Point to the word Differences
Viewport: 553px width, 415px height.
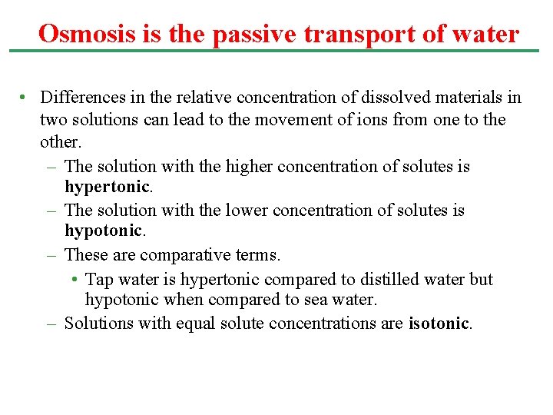(x=79, y=98)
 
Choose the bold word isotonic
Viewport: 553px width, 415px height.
(x=439, y=324)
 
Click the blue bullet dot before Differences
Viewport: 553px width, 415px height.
(x=25, y=98)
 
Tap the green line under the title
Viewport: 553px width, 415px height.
(x=276, y=51)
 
